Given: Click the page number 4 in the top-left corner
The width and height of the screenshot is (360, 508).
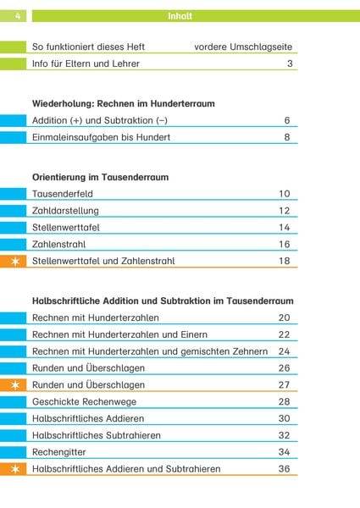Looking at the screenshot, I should click(16, 16).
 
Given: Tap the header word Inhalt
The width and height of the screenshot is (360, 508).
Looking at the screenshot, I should click(180, 16).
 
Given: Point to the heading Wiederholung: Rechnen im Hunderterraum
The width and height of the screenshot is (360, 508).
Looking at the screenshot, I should click(123, 103).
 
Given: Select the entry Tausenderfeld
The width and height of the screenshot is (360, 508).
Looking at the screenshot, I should click(65, 194).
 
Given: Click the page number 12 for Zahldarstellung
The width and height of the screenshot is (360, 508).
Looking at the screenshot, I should click(285, 211).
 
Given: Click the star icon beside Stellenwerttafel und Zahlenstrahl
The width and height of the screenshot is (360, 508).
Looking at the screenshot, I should click(14, 261).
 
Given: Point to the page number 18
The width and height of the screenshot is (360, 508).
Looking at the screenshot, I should click(285, 261).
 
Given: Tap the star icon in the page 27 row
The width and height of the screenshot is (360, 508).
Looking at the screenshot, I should click(14, 384).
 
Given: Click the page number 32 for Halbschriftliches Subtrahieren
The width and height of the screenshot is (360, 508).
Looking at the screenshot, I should click(285, 435).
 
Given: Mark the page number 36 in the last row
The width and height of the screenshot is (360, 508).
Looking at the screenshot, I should click(285, 468).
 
